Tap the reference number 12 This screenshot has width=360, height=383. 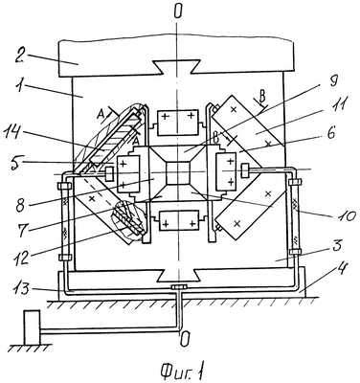[20, 256]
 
